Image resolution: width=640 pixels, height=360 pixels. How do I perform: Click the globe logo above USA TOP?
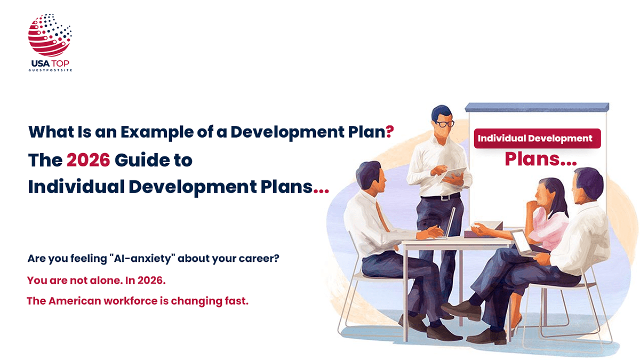(50, 35)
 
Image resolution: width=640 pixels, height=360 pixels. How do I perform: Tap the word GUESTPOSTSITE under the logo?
(50, 70)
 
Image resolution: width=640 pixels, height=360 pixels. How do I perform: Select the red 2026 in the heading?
(88, 160)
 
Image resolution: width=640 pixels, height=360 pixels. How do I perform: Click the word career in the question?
(259, 259)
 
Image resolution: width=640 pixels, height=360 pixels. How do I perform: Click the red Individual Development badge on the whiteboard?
(535, 139)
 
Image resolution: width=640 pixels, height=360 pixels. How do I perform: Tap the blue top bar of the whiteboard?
(537, 107)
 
